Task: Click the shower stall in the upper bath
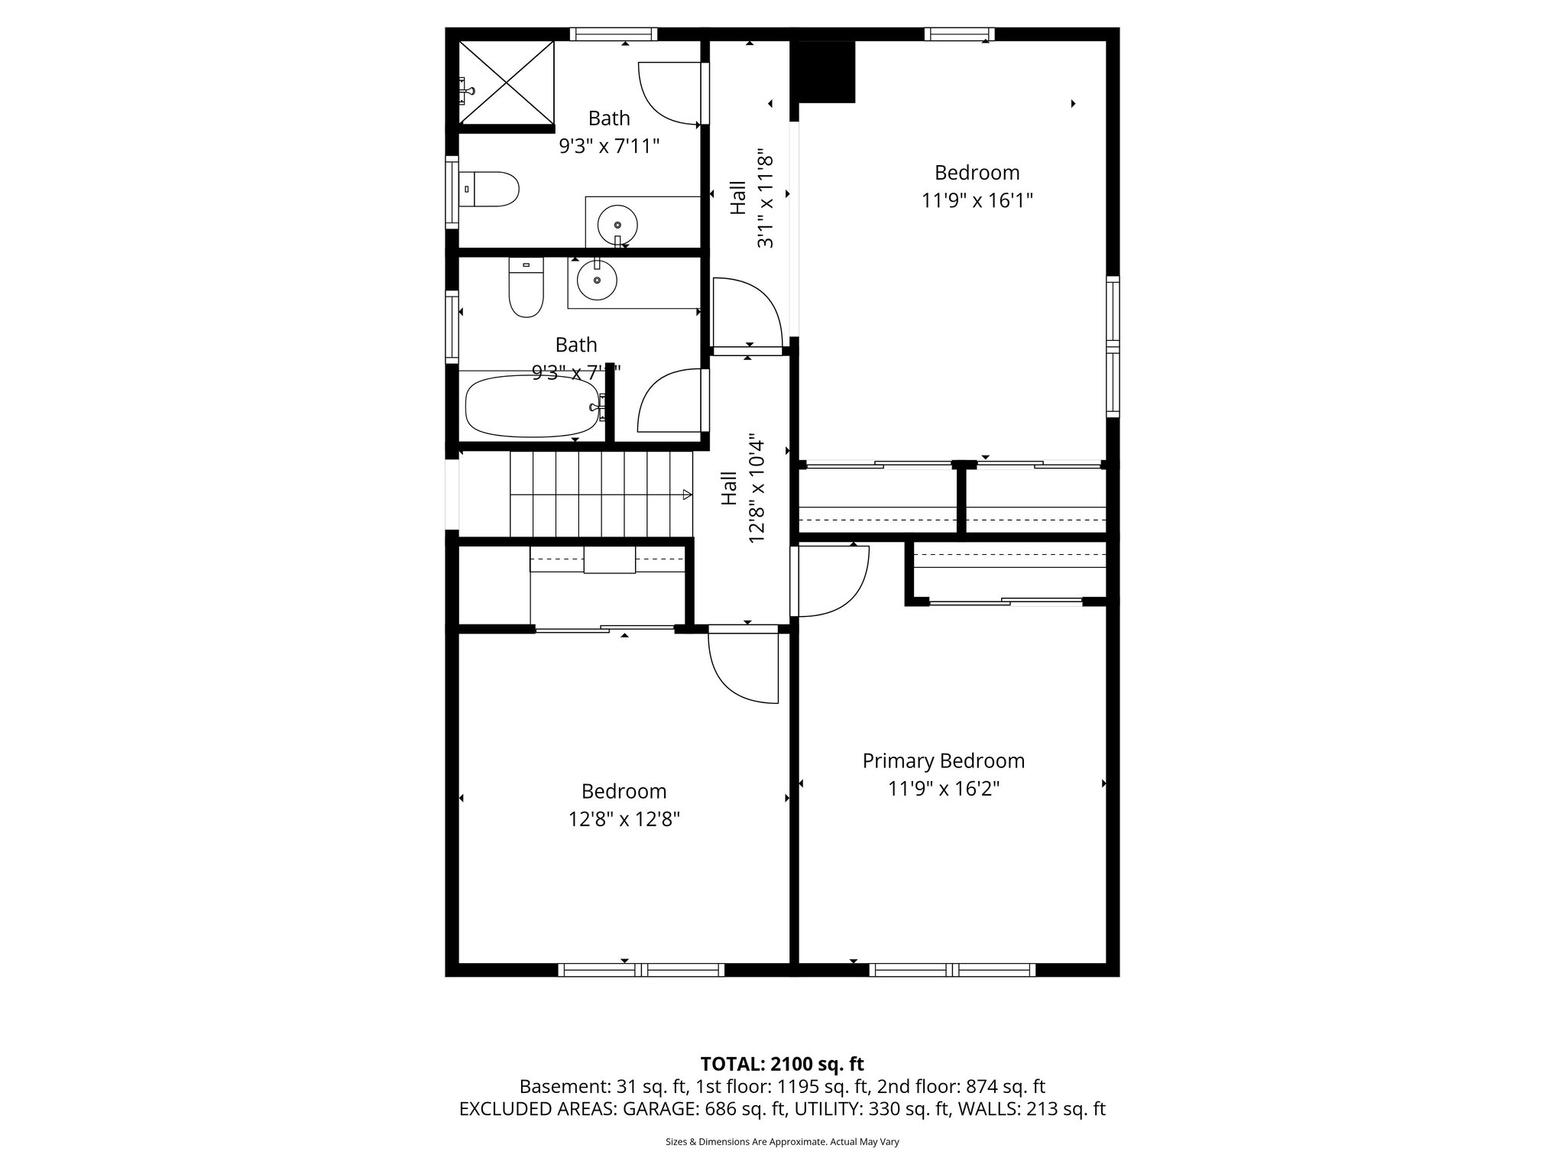tap(507, 83)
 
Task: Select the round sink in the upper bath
tap(617, 225)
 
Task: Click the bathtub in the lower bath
tap(533, 406)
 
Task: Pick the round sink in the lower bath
tap(596, 281)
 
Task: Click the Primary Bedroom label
tap(943, 761)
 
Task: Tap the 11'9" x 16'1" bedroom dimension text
tap(977, 201)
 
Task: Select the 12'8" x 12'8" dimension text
tap(624, 819)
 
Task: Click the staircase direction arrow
tap(686, 495)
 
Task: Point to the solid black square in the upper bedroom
tap(825, 72)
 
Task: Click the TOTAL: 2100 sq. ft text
tap(782, 1064)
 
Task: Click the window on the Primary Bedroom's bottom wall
tap(951, 969)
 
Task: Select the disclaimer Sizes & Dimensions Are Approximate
tap(782, 1142)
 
